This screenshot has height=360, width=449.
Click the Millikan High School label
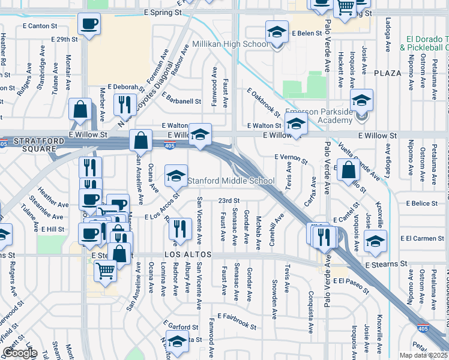[231, 44]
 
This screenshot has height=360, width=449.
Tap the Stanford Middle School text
[232, 181]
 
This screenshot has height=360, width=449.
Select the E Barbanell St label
[177, 101]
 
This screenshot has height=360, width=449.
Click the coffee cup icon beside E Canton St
[89, 25]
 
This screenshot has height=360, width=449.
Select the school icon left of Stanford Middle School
[175, 176]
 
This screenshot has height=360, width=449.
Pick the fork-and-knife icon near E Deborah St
[125, 104]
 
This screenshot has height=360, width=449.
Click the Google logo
[20, 353]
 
